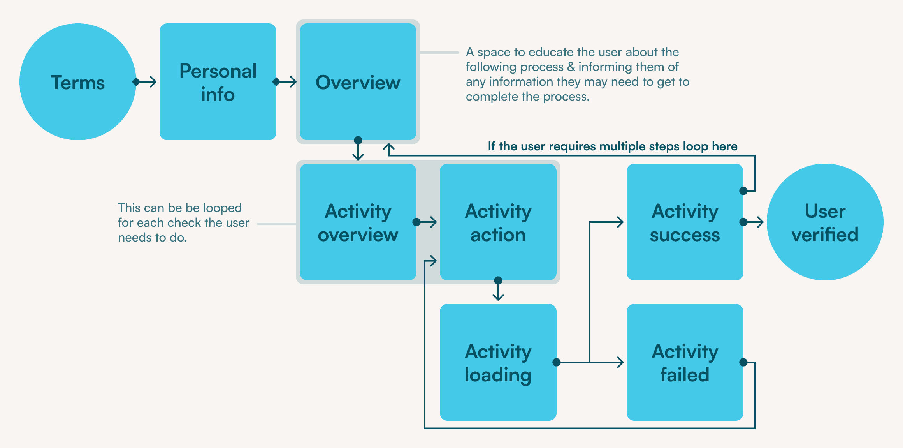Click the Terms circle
pyautogui.click(x=78, y=82)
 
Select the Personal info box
pyautogui.click(x=218, y=82)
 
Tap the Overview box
pyautogui.click(x=358, y=82)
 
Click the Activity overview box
pyautogui.click(x=358, y=222)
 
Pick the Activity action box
pyautogui.click(x=498, y=222)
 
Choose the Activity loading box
pyautogui.click(x=498, y=362)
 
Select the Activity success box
pyautogui.click(x=685, y=222)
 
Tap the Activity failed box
pyautogui.click(x=685, y=362)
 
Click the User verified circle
pyautogui.click(x=825, y=222)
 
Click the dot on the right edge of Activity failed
pyautogui.click(x=743, y=362)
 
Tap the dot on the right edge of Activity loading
pyautogui.click(x=557, y=362)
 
